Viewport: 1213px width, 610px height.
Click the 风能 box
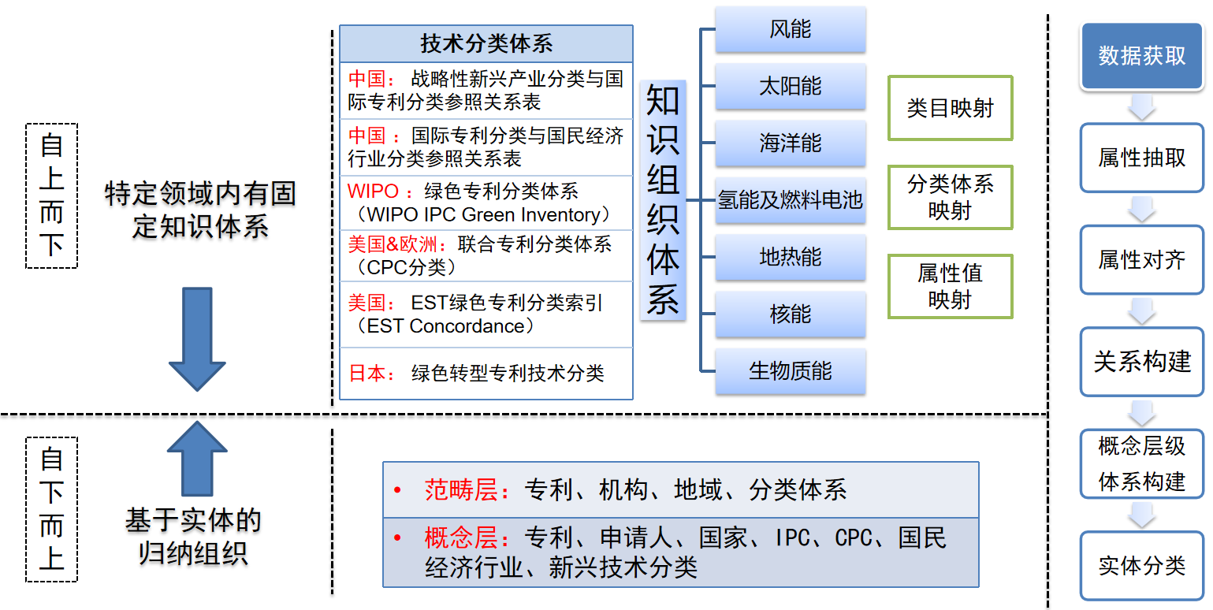pos(790,30)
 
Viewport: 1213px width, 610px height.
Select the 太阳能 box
pos(790,86)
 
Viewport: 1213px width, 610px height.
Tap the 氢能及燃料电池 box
pos(790,200)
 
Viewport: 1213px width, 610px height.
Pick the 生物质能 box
pos(790,371)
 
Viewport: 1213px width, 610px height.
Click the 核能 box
pos(790,314)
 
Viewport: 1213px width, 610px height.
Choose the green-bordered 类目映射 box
pos(950,109)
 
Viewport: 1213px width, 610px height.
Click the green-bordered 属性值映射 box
pos(950,287)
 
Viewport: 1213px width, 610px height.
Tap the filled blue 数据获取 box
pos(1142,56)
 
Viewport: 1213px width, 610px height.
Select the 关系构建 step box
pos(1142,362)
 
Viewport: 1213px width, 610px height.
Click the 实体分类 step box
pos(1142,565)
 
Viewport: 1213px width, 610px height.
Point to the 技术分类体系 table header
pos(486,43)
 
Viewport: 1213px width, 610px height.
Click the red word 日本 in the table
pos(368,374)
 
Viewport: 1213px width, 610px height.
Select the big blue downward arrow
pos(197,339)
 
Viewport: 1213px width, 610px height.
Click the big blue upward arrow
pos(197,457)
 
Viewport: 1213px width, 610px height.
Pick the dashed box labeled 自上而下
pos(52,195)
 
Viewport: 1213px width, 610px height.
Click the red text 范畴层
pos(460,490)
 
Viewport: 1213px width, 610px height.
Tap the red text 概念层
pos(460,538)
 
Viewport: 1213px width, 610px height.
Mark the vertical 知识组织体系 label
pos(663,200)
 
